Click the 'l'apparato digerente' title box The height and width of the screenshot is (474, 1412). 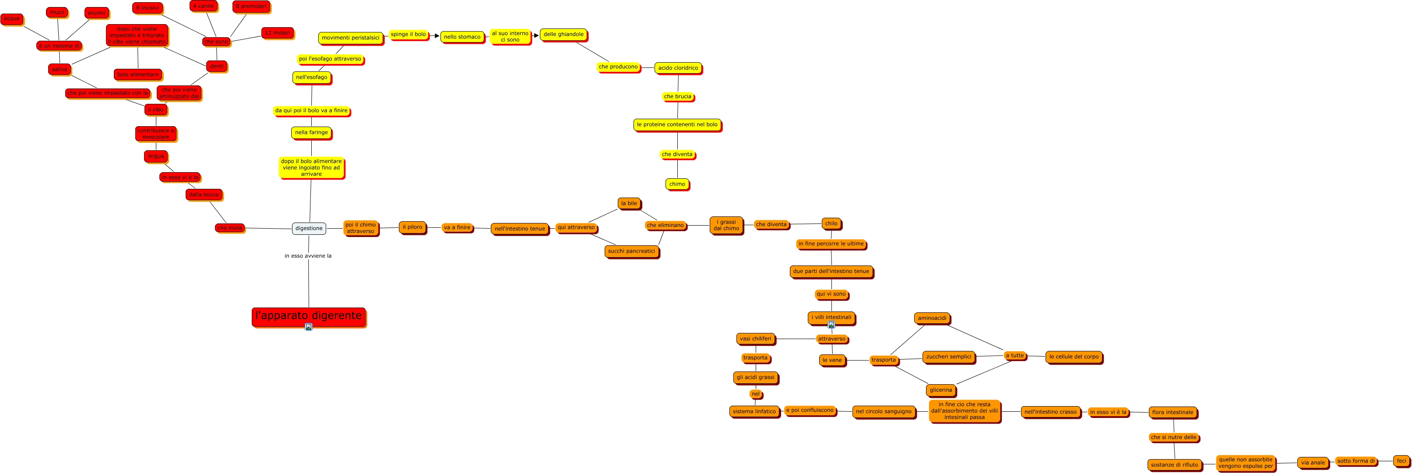(308, 315)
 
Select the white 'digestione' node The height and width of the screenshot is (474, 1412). (309, 228)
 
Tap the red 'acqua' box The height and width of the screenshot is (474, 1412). (11, 19)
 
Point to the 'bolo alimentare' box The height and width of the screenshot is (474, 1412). (137, 74)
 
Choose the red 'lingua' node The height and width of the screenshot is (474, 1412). (156, 156)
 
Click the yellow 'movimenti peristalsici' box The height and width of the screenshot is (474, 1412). (350, 38)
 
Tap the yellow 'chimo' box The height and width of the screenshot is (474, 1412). (677, 184)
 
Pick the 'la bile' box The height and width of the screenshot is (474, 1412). (629, 204)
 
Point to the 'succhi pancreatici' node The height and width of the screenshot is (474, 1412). (631, 251)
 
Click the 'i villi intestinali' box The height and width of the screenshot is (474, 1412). (831, 317)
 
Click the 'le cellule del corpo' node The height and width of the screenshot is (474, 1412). (1074, 357)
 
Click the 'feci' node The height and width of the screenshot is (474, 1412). (1401, 461)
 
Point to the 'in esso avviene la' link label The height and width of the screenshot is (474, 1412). (308, 256)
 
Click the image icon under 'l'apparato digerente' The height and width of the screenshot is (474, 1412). (309, 327)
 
